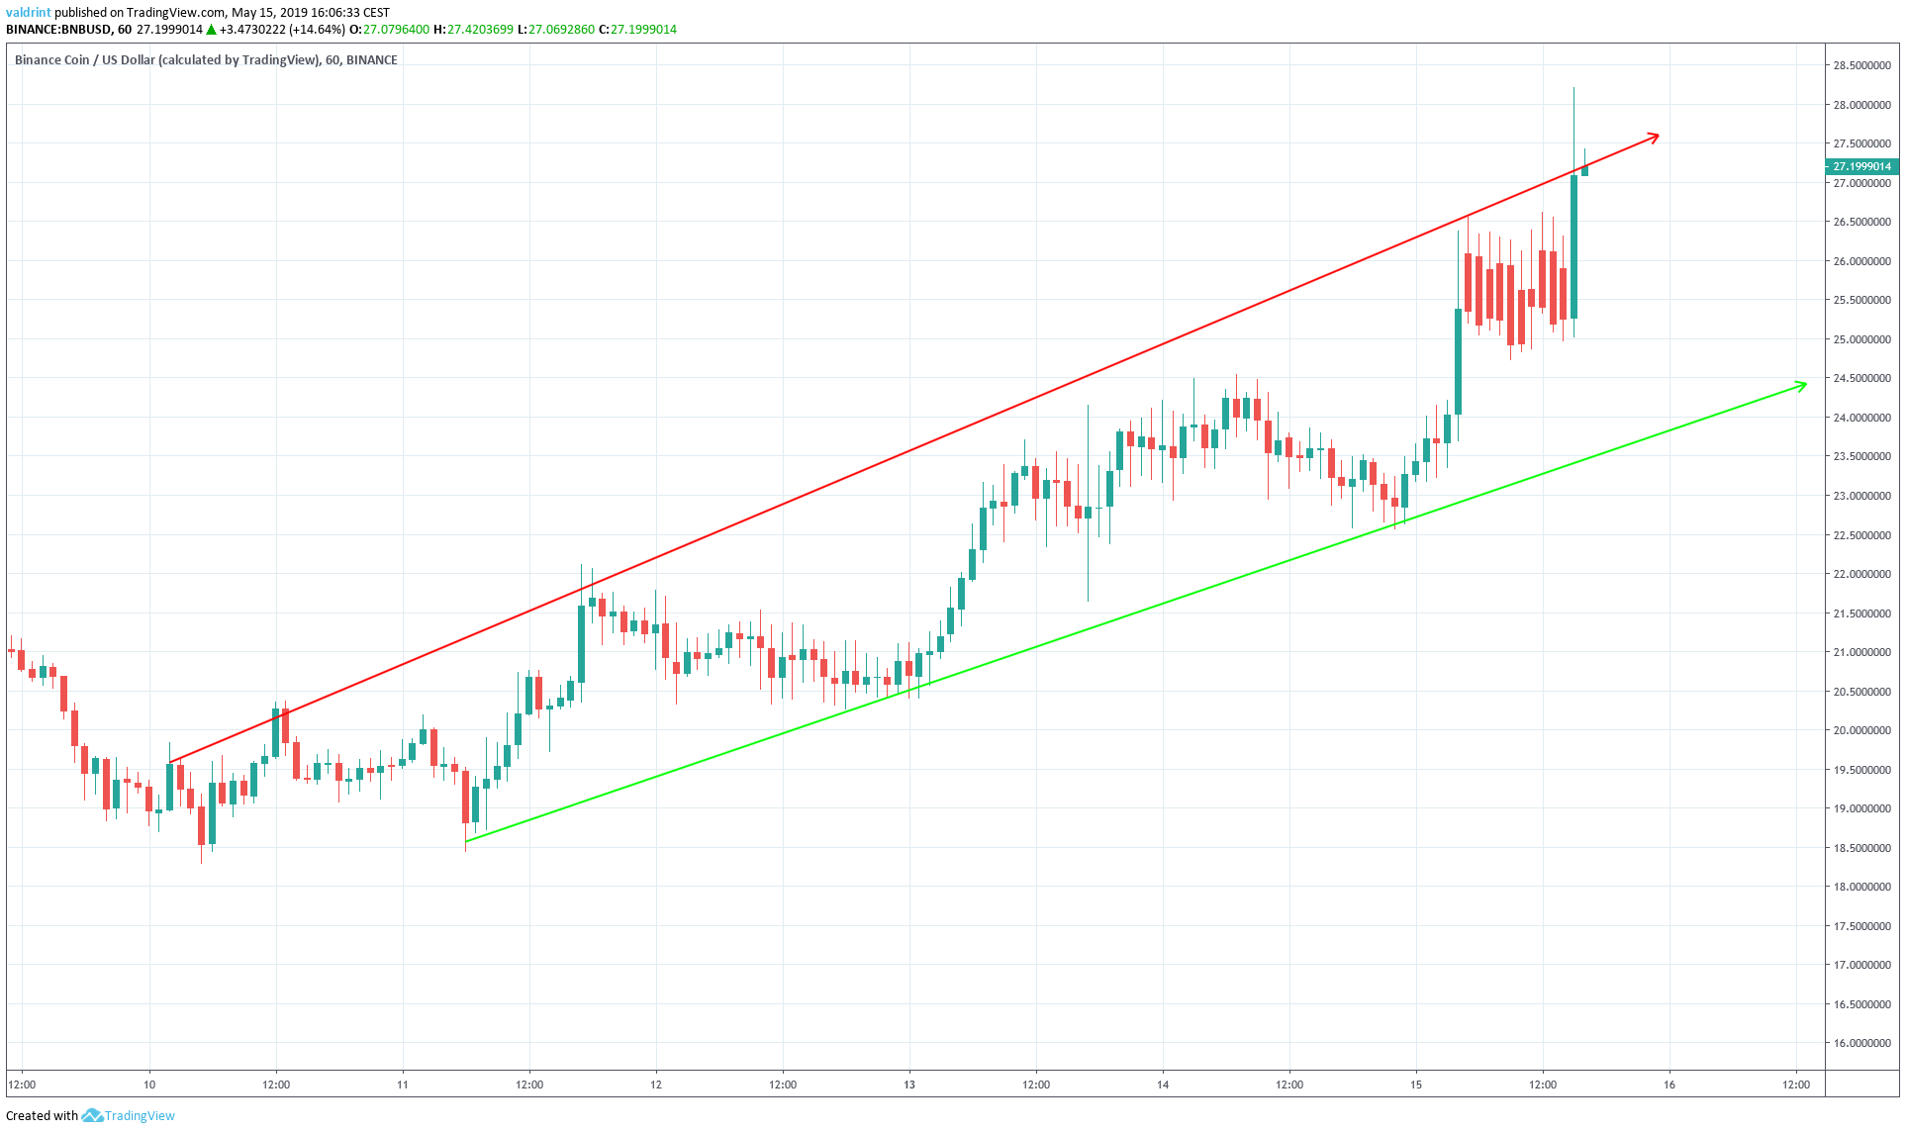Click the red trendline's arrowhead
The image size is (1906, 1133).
pyautogui.click(x=1656, y=137)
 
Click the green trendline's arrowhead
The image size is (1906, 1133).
pyautogui.click(x=1803, y=384)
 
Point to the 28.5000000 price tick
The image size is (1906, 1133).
pyautogui.click(x=1861, y=66)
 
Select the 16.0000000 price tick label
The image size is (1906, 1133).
pyautogui.click(x=1861, y=1043)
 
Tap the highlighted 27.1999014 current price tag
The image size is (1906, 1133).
pyautogui.click(x=1860, y=166)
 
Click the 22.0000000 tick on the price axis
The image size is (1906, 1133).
pyautogui.click(x=1861, y=574)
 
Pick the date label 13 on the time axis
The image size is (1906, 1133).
pyautogui.click(x=909, y=1085)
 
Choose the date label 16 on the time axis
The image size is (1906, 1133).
pyautogui.click(x=1669, y=1085)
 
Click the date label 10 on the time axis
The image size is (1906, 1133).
pyautogui.click(x=149, y=1085)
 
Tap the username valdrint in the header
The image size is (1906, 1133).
pyautogui.click(x=29, y=13)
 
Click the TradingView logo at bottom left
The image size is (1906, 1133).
pyautogui.click(x=130, y=1115)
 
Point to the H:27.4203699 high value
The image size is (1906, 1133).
pyautogui.click(x=473, y=30)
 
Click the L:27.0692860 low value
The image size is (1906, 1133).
pyautogui.click(x=555, y=30)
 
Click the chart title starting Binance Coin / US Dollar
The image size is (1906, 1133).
pyautogui.click(x=206, y=60)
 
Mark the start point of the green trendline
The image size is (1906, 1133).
pyautogui.click(x=466, y=841)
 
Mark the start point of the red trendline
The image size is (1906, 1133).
pyautogui.click(x=170, y=762)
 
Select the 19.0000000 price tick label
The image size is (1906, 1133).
pyautogui.click(x=1861, y=808)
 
